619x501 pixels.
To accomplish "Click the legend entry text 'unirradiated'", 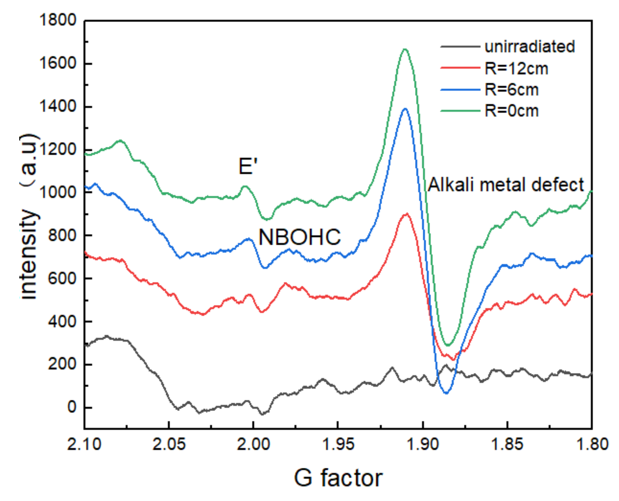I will [530, 46].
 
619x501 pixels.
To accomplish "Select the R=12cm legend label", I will [516, 68].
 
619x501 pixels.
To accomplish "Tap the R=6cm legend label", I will [511, 90].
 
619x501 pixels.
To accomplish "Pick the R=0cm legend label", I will [511, 111].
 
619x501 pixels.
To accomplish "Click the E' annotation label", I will [248, 166].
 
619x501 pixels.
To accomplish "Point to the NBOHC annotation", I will [299, 237].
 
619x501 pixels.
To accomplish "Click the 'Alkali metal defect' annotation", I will [506, 184].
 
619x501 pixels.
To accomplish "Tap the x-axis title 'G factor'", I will [338, 478].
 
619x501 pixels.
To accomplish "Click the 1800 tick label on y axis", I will [58, 20].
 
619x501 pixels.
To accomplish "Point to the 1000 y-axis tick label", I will [58, 192].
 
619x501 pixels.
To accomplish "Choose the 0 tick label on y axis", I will [72, 407].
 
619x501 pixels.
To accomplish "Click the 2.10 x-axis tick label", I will [84, 444].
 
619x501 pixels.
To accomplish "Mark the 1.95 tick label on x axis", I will [338, 444].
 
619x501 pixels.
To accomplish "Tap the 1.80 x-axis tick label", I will [592, 444].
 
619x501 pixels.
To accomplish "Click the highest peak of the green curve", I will [405, 49].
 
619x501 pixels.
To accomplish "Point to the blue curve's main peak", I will [405, 109].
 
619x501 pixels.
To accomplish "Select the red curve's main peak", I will [406, 214].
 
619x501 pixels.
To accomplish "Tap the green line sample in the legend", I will [460, 111].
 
